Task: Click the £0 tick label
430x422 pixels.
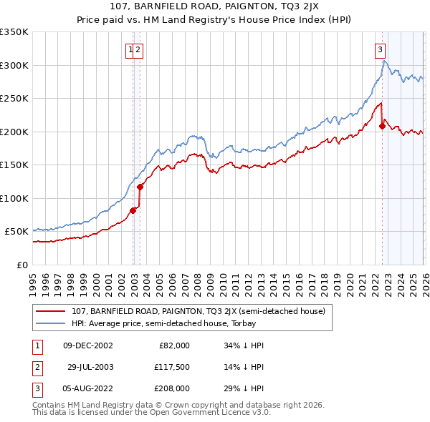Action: [21, 265]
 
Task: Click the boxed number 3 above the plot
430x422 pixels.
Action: [379, 49]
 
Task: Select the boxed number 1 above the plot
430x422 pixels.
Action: [130, 49]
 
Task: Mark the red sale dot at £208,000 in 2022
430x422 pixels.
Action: [382, 127]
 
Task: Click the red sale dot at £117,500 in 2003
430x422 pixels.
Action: [140, 187]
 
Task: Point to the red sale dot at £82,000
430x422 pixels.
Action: [133, 210]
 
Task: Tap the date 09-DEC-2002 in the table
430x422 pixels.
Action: [88, 345]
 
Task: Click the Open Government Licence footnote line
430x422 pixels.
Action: [151, 413]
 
